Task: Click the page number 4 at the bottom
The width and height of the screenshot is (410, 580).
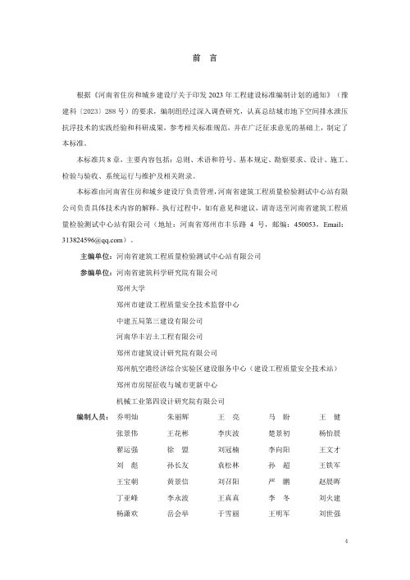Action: [347, 541]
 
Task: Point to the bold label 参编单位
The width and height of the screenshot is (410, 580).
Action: [95, 271]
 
